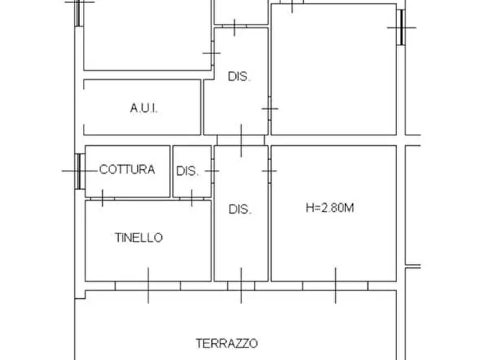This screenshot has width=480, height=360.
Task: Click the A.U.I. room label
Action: (144, 109)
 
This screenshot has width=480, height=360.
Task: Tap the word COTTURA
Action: (127, 170)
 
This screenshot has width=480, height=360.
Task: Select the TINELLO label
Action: (139, 237)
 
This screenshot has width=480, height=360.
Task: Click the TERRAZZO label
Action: (227, 343)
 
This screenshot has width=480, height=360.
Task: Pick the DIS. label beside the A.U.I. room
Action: (239, 76)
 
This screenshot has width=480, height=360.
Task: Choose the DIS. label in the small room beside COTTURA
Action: (188, 171)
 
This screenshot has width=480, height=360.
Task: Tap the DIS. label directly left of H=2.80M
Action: (240, 210)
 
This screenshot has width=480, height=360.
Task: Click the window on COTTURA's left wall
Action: (80, 171)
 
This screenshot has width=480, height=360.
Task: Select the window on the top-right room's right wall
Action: (401, 27)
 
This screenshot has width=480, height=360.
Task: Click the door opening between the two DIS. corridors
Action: (241, 140)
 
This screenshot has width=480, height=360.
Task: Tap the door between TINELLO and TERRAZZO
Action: (148, 285)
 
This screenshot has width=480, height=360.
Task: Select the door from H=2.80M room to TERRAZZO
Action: (335, 285)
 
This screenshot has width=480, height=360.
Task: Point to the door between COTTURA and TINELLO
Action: (102, 198)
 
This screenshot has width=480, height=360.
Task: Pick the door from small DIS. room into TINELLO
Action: (191, 198)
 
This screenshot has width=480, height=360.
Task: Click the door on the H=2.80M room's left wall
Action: (269, 171)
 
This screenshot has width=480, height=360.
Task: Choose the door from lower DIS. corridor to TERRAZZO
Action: (241, 285)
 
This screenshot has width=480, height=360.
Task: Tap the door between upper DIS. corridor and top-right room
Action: (269, 109)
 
